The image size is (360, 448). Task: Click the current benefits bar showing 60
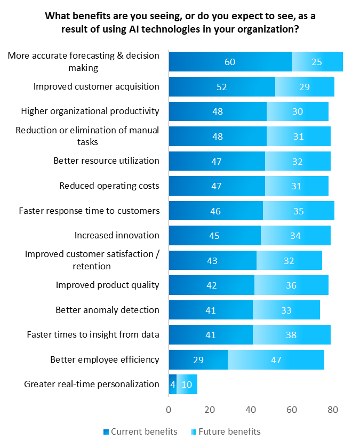click(x=230, y=62)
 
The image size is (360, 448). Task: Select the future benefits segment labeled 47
click(x=276, y=359)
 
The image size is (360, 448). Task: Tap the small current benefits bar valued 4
click(x=172, y=384)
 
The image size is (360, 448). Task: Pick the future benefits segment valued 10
click(x=187, y=384)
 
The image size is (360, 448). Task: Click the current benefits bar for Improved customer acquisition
click(x=221, y=87)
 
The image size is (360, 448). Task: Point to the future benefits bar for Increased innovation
click(x=295, y=236)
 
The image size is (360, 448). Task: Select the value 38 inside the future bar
click(x=291, y=335)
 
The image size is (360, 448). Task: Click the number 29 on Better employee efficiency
click(x=198, y=359)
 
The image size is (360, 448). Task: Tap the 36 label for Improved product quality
click(x=291, y=285)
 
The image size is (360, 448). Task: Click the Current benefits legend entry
click(x=140, y=431)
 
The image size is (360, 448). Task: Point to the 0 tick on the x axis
click(x=169, y=410)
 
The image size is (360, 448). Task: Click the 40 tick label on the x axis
click(x=251, y=410)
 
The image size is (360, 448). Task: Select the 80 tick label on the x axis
click(x=332, y=410)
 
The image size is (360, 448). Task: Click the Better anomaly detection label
click(x=107, y=310)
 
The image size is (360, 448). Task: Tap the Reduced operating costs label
click(x=109, y=186)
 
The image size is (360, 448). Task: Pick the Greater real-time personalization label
click(x=92, y=384)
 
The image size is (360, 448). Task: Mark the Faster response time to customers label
click(x=89, y=211)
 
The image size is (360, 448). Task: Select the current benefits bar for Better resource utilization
click(x=217, y=161)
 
